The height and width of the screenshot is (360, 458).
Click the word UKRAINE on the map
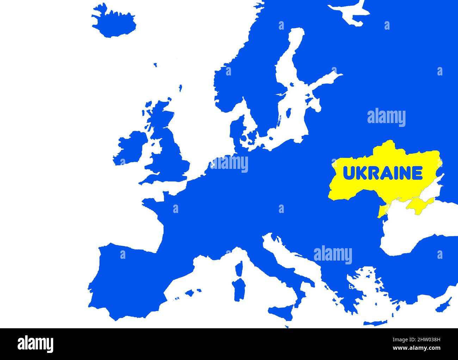[383, 173]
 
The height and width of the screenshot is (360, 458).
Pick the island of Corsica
[239, 270]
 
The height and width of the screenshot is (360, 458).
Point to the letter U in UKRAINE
[348, 173]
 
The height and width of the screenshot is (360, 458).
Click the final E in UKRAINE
[417, 173]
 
